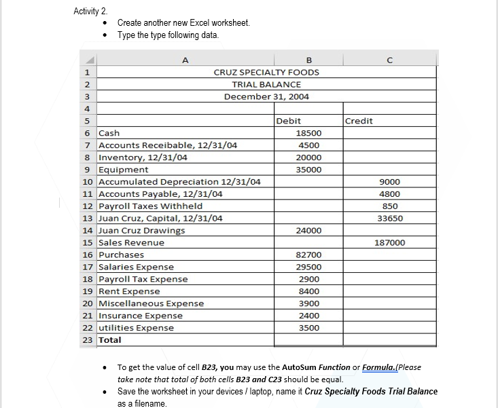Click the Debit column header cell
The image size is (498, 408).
[x=289, y=121]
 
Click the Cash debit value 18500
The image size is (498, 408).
[x=309, y=133]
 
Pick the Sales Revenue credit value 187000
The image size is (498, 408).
[x=389, y=242]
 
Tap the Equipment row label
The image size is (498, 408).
[x=124, y=170]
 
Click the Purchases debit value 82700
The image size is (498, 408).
[x=309, y=255]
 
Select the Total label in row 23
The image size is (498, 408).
[x=110, y=339]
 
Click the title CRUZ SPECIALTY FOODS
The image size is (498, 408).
[x=266, y=72]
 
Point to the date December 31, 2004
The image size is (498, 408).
[x=266, y=96]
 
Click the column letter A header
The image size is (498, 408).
[x=185, y=59]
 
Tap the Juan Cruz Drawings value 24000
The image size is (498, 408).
[x=309, y=230]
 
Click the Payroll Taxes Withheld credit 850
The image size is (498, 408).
[x=390, y=206]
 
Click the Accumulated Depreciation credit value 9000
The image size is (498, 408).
[x=390, y=182]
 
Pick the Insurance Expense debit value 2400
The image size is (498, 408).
[x=309, y=316]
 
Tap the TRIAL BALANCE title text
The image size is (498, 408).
[x=266, y=84]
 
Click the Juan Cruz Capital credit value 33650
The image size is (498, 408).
[x=389, y=218]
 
